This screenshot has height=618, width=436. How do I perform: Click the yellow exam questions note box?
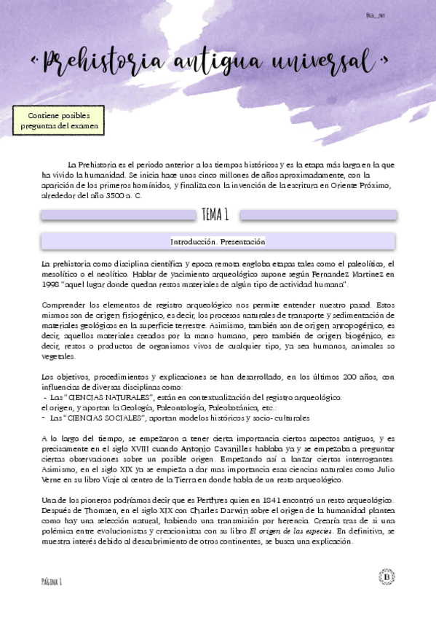(58, 121)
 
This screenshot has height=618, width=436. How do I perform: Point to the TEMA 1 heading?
(215, 214)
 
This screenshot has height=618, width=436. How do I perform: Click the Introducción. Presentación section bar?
(218, 241)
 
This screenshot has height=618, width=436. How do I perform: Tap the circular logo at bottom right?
(387, 577)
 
